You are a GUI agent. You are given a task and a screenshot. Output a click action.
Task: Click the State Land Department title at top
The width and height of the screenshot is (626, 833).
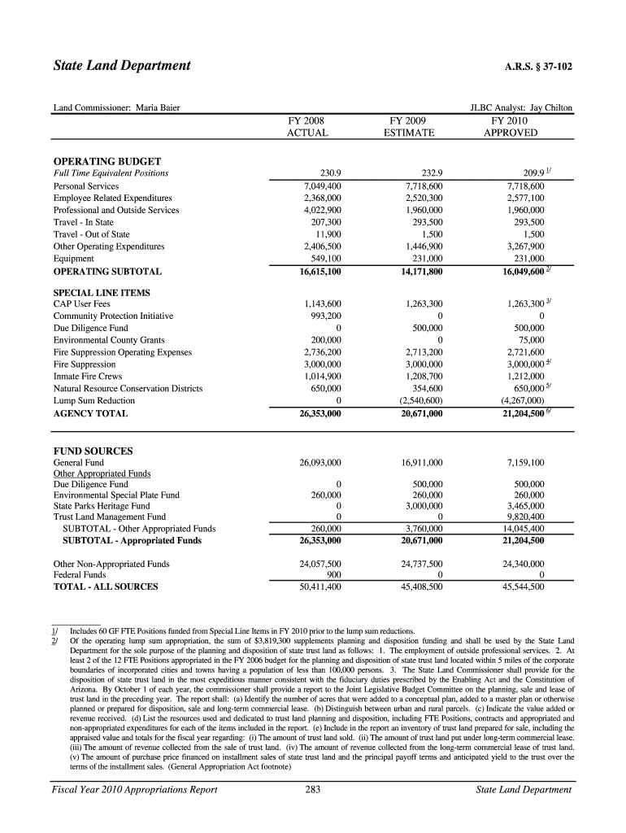tap(122, 65)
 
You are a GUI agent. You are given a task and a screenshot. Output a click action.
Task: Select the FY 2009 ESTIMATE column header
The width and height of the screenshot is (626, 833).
tap(409, 126)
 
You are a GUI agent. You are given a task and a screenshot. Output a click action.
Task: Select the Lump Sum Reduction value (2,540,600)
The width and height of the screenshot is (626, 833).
tap(421, 400)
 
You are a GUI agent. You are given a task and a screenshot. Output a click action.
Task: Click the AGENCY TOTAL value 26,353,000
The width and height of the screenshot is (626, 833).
tap(320, 414)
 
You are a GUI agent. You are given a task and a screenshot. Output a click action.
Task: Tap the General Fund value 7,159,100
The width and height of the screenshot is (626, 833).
tap(525, 463)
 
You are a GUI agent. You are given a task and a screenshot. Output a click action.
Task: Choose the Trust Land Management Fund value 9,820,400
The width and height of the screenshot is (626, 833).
tap(525, 516)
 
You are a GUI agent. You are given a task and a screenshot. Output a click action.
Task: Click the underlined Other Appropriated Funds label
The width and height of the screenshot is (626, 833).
tap(102, 473)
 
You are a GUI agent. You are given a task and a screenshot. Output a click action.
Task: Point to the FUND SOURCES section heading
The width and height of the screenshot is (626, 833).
tap(93, 451)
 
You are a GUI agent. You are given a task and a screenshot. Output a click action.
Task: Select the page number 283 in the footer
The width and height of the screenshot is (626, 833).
tap(312, 789)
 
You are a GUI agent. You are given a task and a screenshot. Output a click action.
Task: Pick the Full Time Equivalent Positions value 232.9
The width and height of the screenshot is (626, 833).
tap(428, 173)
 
